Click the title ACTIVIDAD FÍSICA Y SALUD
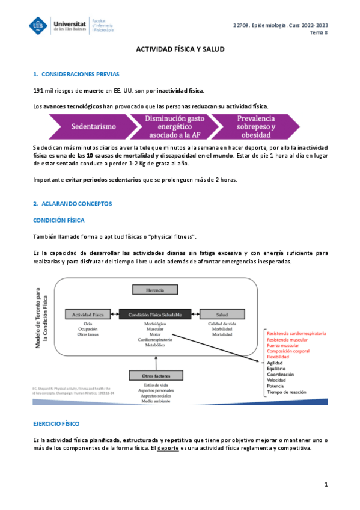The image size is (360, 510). pos(180,49)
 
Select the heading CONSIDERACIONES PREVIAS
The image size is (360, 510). pos(80,75)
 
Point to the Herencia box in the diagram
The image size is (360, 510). pos(155,290)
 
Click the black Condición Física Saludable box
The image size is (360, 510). pos(155,314)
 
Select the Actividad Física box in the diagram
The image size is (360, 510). pos(88,315)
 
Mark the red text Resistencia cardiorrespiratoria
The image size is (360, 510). pos(296,333)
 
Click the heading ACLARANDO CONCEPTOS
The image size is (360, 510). pos(76,204)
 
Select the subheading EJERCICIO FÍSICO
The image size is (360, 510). pos(56,424)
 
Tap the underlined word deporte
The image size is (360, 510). pos(168,449)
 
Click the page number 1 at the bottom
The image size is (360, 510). pos(326,484)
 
